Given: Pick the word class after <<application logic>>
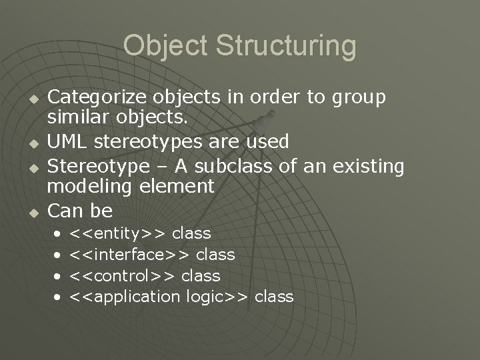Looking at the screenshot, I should click(x=274, y=297).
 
